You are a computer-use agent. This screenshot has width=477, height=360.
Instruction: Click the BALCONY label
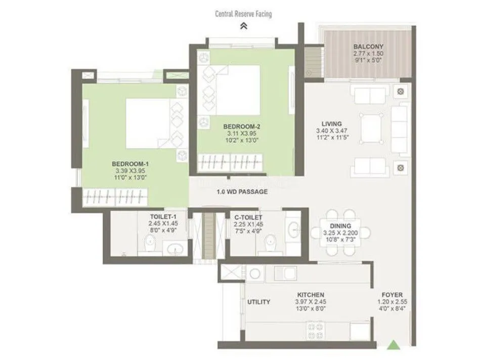click(368, 47)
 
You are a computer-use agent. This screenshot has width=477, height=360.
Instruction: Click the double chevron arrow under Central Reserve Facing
click(243, 26)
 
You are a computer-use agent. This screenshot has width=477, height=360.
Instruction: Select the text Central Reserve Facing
click(243, 14)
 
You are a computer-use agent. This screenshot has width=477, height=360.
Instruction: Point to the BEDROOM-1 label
click(130, 164)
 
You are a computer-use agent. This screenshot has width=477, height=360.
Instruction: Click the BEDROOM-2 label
click(242, 126)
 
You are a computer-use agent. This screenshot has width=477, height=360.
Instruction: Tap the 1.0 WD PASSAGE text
click(242, 192)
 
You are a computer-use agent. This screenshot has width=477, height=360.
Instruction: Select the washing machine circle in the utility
click(254, 274)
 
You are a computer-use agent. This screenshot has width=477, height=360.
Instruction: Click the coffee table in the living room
click(371, 128)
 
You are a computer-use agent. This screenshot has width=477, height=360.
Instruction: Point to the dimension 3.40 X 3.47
click(332, 131)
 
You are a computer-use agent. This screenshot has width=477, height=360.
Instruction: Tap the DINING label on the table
click(340, 226)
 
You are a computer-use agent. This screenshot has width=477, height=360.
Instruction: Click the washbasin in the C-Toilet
click(293, 229)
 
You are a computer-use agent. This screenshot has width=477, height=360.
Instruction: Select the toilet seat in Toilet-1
click(150, 244)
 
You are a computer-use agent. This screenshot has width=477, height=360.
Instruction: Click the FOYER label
click(392, 295)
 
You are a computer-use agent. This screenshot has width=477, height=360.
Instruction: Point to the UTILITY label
click(258, 302)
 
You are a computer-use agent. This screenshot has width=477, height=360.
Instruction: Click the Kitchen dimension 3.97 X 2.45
click(311, 302)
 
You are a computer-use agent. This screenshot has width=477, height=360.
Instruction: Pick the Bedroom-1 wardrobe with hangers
click(115, 197)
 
